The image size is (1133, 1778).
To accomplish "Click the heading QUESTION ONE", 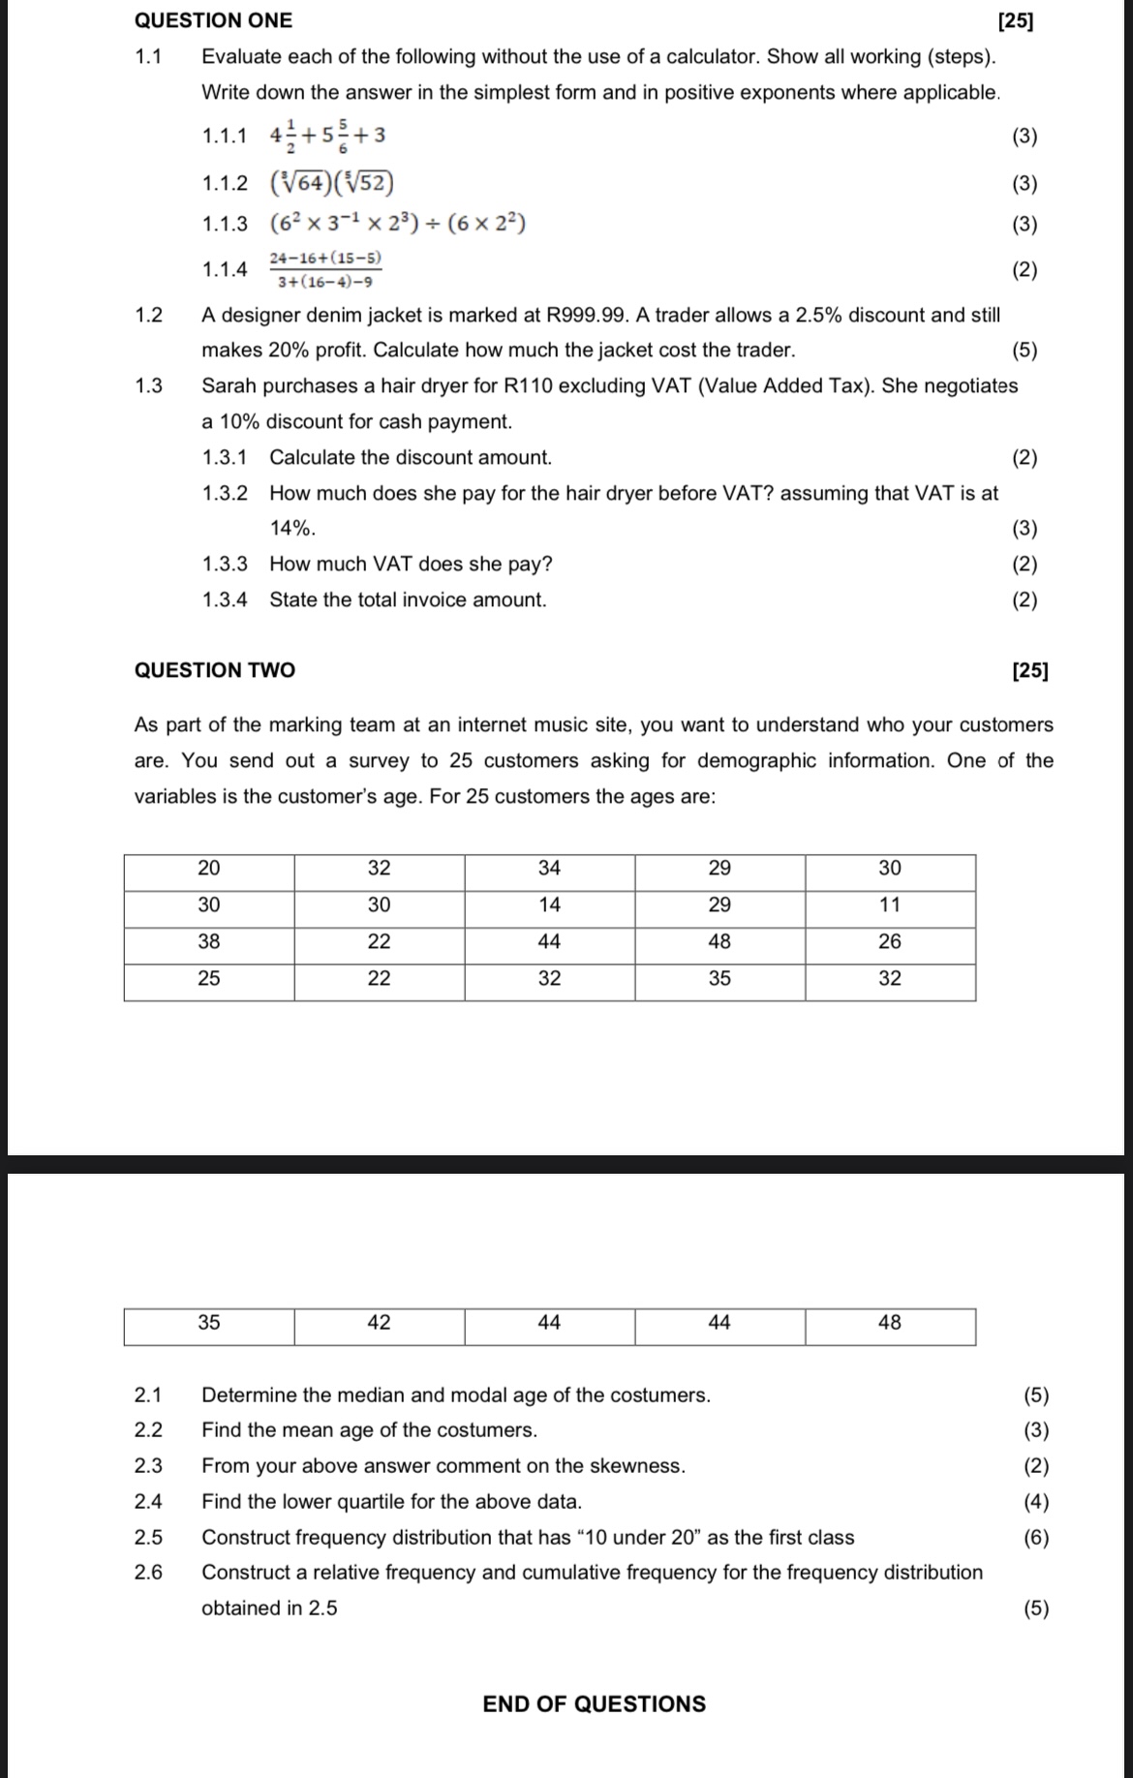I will (213, 20).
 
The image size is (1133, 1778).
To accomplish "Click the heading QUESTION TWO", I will (215, 670).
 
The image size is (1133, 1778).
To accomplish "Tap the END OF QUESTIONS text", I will (594, 1703).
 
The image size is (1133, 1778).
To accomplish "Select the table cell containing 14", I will (549, 904).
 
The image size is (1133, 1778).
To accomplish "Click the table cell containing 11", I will (889, 904).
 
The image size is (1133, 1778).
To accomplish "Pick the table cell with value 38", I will (209, 941).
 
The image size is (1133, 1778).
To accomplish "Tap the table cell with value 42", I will (379, 1323).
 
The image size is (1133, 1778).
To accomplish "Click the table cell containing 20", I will (209, 868).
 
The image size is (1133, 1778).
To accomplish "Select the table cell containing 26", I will (889, 941).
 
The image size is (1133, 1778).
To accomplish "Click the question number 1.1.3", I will (225, 225).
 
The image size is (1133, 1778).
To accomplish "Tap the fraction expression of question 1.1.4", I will (325, 270).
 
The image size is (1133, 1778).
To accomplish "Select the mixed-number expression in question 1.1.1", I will (327, 136).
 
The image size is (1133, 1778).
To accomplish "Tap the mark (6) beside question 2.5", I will (1035, 1537).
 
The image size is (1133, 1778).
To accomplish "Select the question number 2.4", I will (148, 1501).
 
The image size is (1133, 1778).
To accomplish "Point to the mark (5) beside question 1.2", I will (1024, 351).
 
